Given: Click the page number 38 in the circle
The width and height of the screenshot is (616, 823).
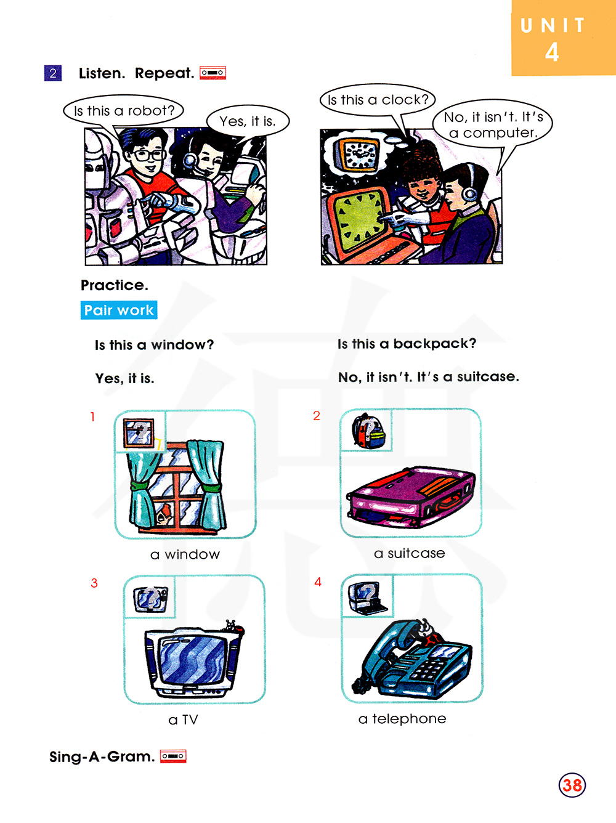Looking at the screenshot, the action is point(572,784).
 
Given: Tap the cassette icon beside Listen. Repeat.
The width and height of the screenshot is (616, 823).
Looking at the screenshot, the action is point(213,72).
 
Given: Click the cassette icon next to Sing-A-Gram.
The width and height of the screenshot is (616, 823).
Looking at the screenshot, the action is point(173,756).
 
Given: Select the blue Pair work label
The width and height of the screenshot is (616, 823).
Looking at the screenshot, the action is point(119,310).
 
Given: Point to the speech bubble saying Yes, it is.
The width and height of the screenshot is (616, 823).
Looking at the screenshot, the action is point(248,121).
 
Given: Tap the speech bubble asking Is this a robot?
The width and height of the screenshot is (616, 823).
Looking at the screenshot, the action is point(124,111).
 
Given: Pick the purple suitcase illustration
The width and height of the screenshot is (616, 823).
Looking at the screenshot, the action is point(410,496).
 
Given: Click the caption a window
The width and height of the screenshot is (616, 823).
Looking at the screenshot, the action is point(185,554).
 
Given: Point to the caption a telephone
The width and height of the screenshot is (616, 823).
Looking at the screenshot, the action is point(402,719).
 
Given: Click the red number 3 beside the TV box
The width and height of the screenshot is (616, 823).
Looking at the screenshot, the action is point(94,583).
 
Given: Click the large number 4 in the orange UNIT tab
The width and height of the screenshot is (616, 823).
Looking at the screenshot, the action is point(552,52).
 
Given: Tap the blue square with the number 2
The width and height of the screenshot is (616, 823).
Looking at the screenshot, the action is point(53,73).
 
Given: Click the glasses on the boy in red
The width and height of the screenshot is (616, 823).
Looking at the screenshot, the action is point(148,154).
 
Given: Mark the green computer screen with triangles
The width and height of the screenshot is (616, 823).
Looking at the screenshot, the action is point(360,216).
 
